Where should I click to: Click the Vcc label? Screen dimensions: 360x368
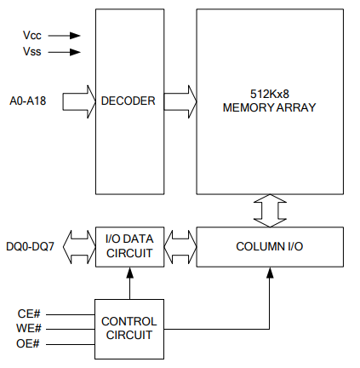[x=32, y=36]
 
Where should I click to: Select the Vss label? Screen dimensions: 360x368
[x=32, y=52]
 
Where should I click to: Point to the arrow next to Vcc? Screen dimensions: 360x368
[x=65, y=36]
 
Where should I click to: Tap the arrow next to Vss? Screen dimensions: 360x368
[x=65, y=52]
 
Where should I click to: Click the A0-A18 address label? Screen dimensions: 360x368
[x=28, y=101]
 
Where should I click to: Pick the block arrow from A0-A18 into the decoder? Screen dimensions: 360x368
[x=79, y=101]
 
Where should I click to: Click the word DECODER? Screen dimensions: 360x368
[x=129, y=101]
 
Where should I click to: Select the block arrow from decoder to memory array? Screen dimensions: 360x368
[x=180, y=101]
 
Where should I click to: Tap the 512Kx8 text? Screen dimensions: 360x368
[x=270, y=94]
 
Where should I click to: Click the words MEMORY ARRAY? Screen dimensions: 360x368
[x=270, y=107]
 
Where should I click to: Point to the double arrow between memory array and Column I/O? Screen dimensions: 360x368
[x=270, y=210]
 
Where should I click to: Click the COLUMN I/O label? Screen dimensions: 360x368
[x=270, y=246]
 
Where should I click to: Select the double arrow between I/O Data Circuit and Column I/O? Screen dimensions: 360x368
[x=180, y=247]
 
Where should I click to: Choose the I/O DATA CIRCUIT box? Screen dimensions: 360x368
[x=129, y=247]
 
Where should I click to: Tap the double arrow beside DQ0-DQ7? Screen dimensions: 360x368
[x=79, y=247]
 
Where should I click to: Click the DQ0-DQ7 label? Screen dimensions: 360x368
[x=30, y=246]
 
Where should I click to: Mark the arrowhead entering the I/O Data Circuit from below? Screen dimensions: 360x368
[x=129, y=273]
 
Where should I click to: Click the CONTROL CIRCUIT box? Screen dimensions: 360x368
[x=129, y=329]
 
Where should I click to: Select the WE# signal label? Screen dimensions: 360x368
[x=29, y=328]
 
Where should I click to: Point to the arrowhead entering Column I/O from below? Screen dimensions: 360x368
[x=270, y=273]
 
